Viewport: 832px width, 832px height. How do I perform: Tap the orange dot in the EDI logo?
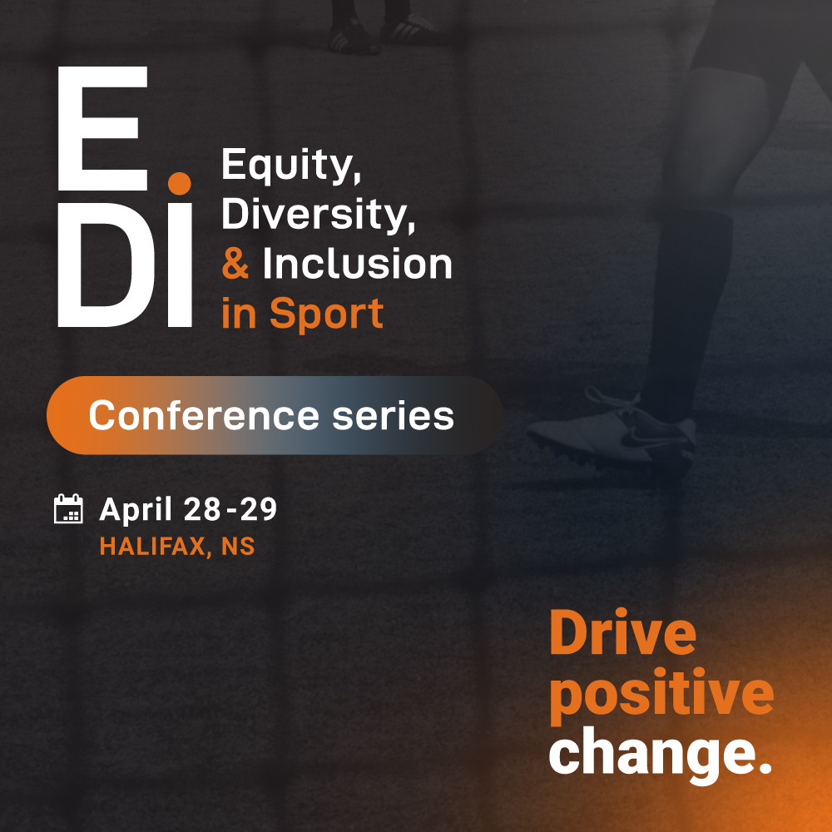coord(180,183)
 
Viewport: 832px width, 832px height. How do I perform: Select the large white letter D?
coord(106,265)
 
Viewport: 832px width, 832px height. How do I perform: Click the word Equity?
coord(291,166)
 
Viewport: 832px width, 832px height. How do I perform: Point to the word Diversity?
coord(318,215)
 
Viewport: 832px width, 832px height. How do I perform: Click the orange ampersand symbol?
coord(235,264)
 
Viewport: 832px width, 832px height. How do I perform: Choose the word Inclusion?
coord(357,264)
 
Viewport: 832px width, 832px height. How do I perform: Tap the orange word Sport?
coord(326,314)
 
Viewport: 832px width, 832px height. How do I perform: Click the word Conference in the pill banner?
coord(204,415)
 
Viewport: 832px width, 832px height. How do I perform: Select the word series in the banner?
coord(394,415)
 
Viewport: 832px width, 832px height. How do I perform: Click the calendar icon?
coord(68,509)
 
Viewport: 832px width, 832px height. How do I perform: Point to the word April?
coord(136,510)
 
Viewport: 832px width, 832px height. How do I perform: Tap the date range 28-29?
coord(230,509)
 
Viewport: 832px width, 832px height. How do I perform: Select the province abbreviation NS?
coord(238,547)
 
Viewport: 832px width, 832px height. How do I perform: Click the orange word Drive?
coord(622,632)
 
